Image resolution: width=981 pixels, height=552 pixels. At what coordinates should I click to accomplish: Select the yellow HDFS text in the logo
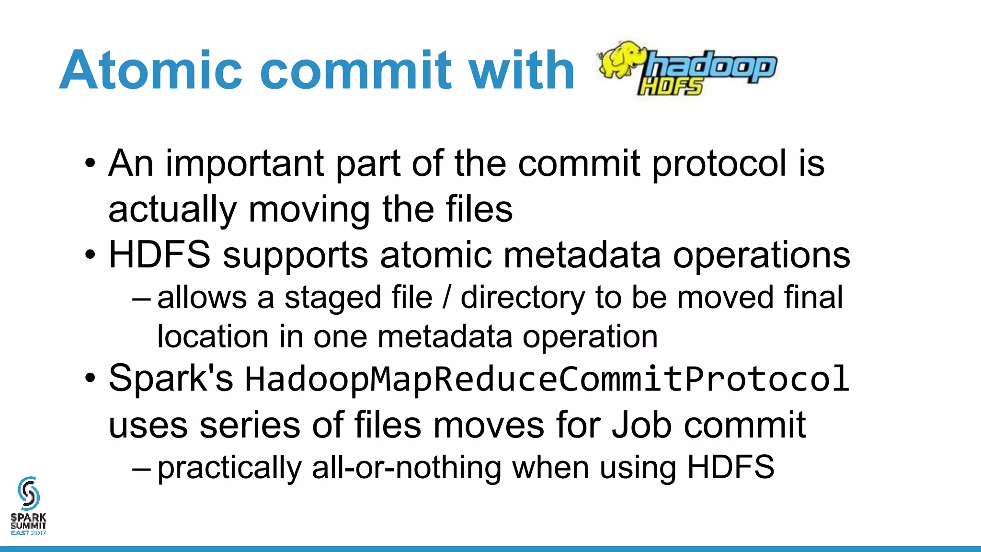pos(671,87)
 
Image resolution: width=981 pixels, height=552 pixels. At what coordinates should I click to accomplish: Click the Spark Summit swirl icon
pos(28,493)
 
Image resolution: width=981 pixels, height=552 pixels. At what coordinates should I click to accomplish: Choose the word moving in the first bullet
pos(309,209)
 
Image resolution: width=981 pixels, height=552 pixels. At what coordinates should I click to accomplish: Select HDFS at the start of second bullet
pos(160,254)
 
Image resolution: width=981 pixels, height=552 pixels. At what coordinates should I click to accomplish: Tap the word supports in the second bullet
pos(296,255)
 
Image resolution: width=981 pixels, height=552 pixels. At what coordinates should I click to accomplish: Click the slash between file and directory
pos(447,298)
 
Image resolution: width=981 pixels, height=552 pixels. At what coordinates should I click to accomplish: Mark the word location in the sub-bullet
pos(213,336)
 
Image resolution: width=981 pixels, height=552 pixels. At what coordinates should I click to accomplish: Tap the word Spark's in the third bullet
pos(171,379)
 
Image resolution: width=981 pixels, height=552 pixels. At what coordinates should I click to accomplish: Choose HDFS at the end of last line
pos(730,467)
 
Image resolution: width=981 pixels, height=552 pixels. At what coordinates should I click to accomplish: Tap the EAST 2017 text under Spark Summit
pos(29,532)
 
